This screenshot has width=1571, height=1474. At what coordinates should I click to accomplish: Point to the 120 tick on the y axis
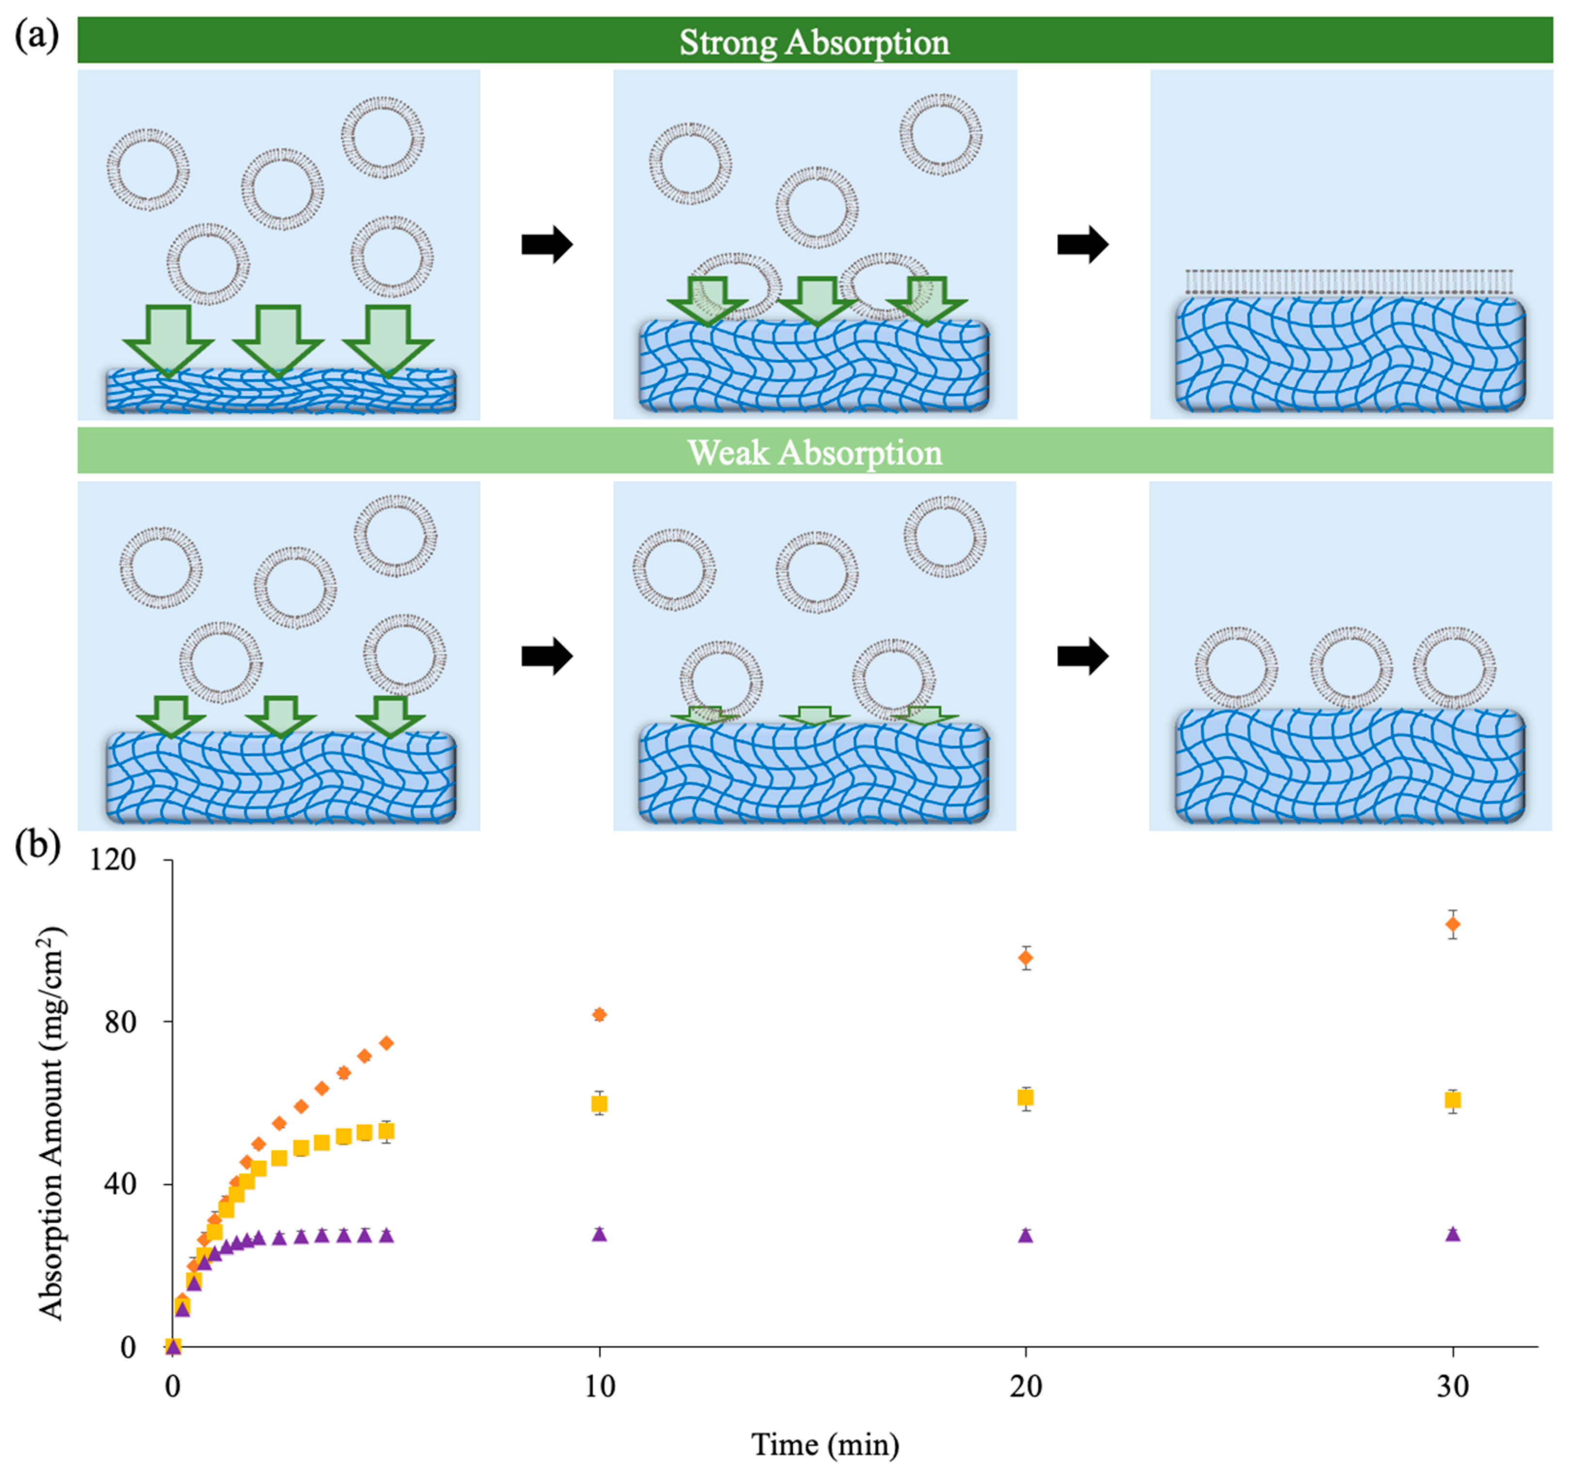113,859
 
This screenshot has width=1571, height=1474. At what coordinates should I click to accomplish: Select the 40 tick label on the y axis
120,1185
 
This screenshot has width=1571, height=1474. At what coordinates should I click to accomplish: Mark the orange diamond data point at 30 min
1452,924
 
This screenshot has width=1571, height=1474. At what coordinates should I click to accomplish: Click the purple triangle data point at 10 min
599,1234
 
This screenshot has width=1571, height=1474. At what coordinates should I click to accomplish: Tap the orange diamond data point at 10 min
599,1015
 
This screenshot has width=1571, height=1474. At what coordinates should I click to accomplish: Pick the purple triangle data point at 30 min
1452,1234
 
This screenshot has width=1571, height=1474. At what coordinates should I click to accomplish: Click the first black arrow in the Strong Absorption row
546,244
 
